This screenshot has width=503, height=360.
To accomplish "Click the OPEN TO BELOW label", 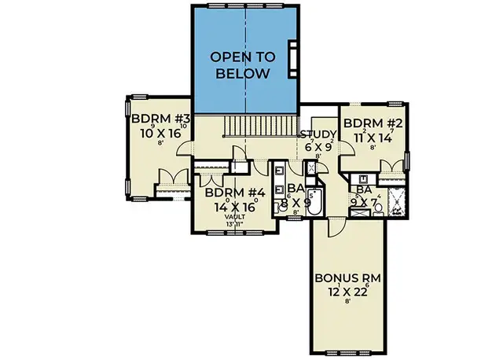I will pyautogui.click(x=244, y=65).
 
